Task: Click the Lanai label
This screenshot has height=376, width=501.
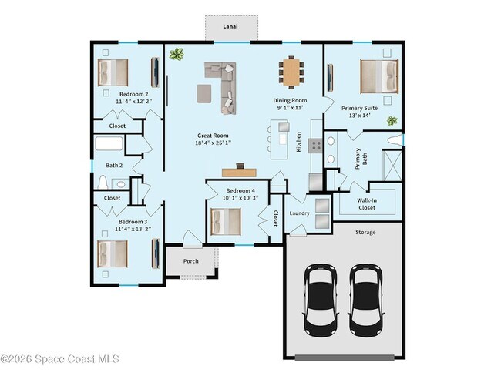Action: (230, 26)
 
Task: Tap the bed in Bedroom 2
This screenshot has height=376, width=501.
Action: (113, 72)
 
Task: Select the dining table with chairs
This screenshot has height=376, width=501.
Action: (291, 72)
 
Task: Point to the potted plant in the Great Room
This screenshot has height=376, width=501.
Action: (177, 54)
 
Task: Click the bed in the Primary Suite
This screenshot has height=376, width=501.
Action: (379, 76)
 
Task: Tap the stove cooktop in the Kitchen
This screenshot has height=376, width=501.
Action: (316, 146)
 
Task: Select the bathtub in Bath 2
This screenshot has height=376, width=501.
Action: (109, 143)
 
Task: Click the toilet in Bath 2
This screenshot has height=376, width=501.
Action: (103, 183)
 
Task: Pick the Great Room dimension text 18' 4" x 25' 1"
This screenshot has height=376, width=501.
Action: (213, 143)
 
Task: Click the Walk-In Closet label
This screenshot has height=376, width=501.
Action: (367, 204)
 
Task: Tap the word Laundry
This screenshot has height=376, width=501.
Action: (299, 213)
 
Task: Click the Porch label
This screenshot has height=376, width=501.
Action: (190, 261)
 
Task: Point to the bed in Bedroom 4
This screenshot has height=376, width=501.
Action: (226, 222)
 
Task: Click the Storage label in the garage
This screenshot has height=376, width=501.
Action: (365, 232)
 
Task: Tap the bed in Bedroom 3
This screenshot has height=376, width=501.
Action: (113, 254)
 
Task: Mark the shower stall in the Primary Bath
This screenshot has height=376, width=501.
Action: (392, 166)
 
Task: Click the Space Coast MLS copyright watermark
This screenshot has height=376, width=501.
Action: (60, 359)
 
